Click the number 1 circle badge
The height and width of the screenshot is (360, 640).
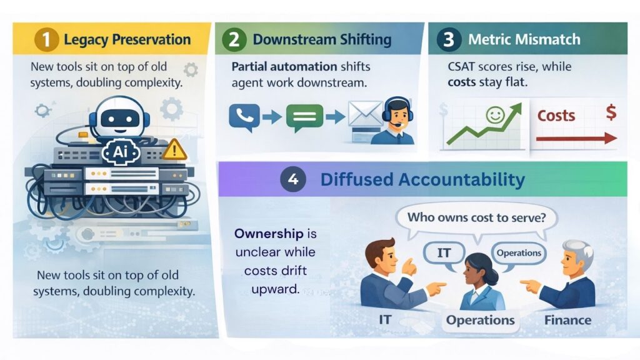pyautogui.click(x=46, y=39)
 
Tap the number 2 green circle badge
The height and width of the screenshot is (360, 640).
pyautogui.click(x=234, y=39)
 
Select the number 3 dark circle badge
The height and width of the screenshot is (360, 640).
pyautogui.click(x=449, y=39)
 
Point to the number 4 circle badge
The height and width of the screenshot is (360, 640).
pyautogui.click(x=293, y=179)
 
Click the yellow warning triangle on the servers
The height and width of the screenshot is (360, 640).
pyautogui.click(x=175, y=149)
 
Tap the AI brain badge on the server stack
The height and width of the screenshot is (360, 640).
pyautogui.click(x=121, y=152)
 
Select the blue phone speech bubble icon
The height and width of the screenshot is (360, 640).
pyautogui.click(x=244, y=117)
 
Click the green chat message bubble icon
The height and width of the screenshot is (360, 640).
pyautogui.click(x=304, y=117)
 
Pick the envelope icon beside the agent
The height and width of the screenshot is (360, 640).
pyautogui.click(x=364, y=114)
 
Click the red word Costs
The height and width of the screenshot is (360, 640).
pyautogui.click(x=556, y=116)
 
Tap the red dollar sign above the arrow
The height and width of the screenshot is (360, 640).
pyautogui.click(x=611, y=112)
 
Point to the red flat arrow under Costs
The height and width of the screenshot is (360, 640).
pyautogui.click(x=576, y=139)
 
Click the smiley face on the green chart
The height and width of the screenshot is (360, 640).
pyautogui.click(x=496, y=115)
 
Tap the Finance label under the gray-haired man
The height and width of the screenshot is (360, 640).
pyautogui.click(x=567, y=320)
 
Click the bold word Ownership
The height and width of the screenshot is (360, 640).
pyautogui.click(x=269, y=234)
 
